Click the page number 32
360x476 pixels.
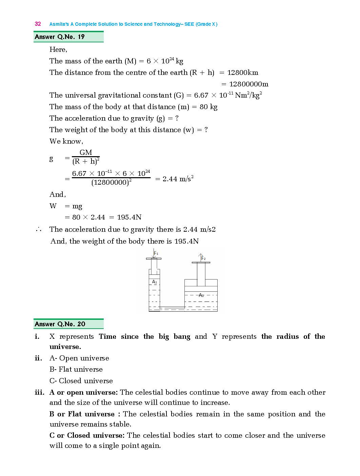click(38, 24)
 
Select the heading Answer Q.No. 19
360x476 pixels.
click(60, 37)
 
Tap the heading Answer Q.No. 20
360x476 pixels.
click(60, 324)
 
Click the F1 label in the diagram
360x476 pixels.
click(156, 253)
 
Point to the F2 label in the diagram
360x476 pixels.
click(203, 258)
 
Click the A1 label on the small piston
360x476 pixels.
click(155, 282)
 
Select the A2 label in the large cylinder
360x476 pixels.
click(201, 295)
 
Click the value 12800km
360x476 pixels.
click(243, 73)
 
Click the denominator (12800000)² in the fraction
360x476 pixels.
click(111, 183)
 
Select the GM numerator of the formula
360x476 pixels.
click(85, 152)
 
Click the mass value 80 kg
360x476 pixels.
click(208, 107)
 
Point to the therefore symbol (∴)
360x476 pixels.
click(38, 230)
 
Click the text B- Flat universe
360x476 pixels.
click(76, 369)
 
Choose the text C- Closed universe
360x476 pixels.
click(81, 381)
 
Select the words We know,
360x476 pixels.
click(66, 141)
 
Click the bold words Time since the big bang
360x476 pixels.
click(144, 336)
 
